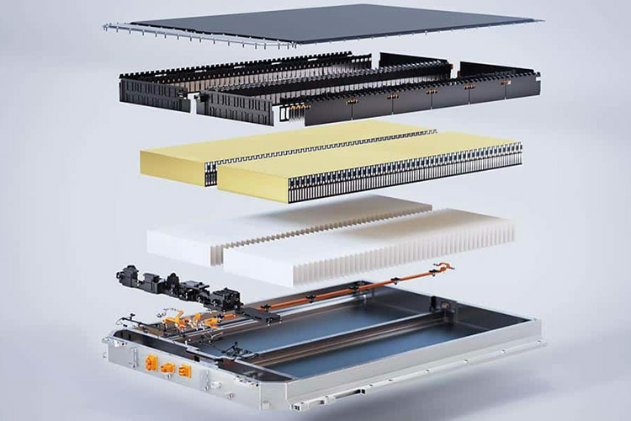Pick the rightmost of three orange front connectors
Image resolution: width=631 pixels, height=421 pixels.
(185, 370)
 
